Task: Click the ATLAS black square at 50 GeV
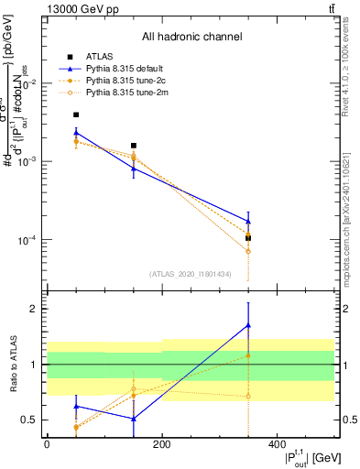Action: click(75, 115)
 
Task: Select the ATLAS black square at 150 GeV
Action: click(134, 146)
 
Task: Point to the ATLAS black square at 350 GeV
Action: click(248, 238)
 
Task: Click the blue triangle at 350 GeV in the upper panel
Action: click(248, 221)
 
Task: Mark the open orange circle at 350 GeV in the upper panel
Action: click(248, 252)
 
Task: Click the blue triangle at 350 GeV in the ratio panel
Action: click(248, 325)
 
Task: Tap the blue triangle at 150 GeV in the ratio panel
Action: click(134, 420)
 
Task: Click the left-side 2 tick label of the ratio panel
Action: click(34, 309)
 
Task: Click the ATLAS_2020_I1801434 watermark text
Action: click(191, 274)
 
